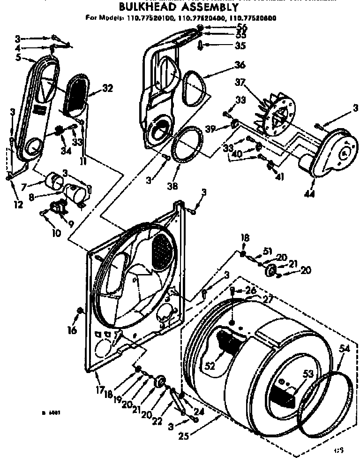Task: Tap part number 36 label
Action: click(227, 65)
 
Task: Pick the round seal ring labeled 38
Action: click(187, 145)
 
